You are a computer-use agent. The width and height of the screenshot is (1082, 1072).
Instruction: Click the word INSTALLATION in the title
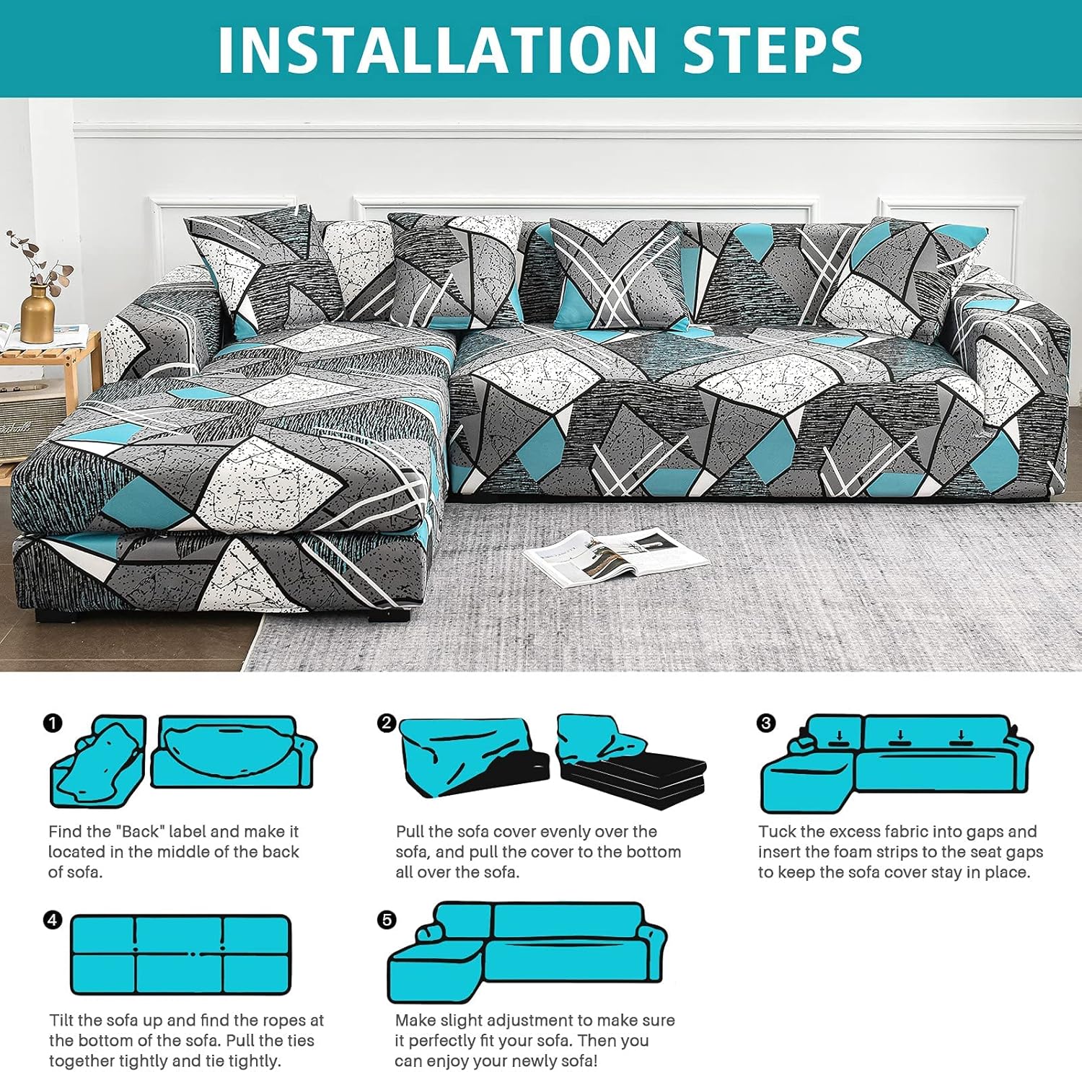click(436, 50)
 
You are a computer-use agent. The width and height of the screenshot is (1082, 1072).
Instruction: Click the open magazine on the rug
click(615, 554)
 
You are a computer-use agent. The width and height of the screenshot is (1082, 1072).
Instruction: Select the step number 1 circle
click(53, 723)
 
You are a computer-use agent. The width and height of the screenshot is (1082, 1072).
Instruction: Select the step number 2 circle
click(387, 723)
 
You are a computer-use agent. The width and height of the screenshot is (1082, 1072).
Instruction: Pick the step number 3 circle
click(766, 723)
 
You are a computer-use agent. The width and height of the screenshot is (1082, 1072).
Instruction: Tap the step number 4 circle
click(53, 920)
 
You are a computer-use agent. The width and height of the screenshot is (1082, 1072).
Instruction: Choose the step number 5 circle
click(387, 920)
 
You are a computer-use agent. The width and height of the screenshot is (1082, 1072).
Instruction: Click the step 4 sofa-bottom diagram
click(180, 954)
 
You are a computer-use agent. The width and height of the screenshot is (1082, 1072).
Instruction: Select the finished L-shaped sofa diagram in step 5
click(527, 952)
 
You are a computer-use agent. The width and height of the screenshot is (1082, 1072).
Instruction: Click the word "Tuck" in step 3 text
click(776, 832)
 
